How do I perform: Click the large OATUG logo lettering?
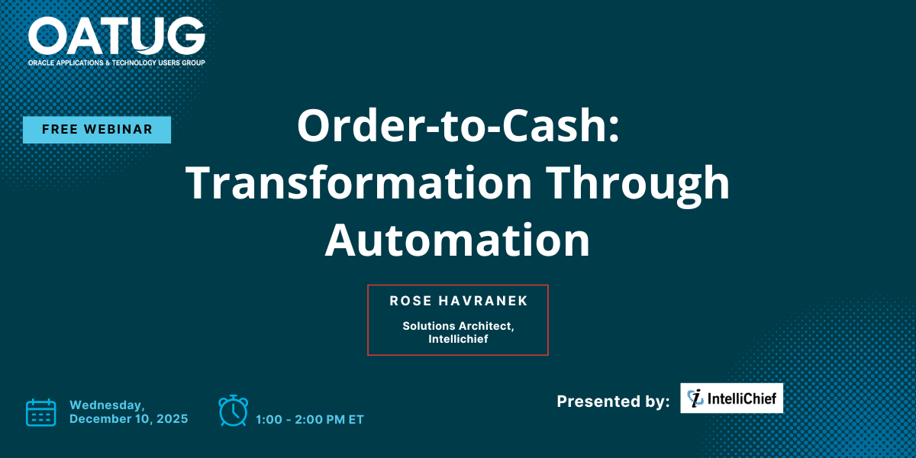117,36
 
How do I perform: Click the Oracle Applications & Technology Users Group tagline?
117,63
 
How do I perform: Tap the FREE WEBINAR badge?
97,130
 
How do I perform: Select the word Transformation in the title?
359,182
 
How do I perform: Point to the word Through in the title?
637,186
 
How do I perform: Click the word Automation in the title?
457,240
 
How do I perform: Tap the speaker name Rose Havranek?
459,301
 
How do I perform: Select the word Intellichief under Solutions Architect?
458,339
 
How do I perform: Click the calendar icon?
41,413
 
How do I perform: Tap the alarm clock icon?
233,411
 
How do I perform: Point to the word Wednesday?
107,405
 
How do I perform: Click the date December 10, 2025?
129,419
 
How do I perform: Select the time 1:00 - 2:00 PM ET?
310,420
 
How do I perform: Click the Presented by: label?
613,402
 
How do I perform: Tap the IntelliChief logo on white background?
731,398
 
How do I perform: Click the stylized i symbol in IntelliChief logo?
695,398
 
